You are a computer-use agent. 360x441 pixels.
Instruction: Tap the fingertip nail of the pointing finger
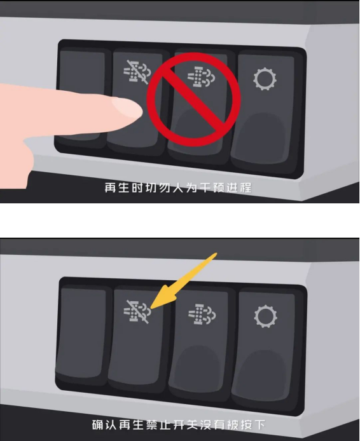click(x=127, y=107)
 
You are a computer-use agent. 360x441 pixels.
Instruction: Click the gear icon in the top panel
click(x=265, y=79)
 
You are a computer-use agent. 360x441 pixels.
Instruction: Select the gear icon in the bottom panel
click(x=265, y=316)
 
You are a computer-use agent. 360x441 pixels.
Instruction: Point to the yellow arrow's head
click(x=151, y=308)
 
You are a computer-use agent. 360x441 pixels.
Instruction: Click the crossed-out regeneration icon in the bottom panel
click(x=137, y=312)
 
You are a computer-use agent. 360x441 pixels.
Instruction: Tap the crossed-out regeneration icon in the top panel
click(x=137, y=72)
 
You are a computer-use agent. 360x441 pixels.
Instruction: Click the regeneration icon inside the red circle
click(x=201, y=76)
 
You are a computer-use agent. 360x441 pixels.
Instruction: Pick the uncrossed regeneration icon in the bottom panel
click(x=202, y=314)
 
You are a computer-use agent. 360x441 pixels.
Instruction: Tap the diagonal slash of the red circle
click(x=193, y=99)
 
